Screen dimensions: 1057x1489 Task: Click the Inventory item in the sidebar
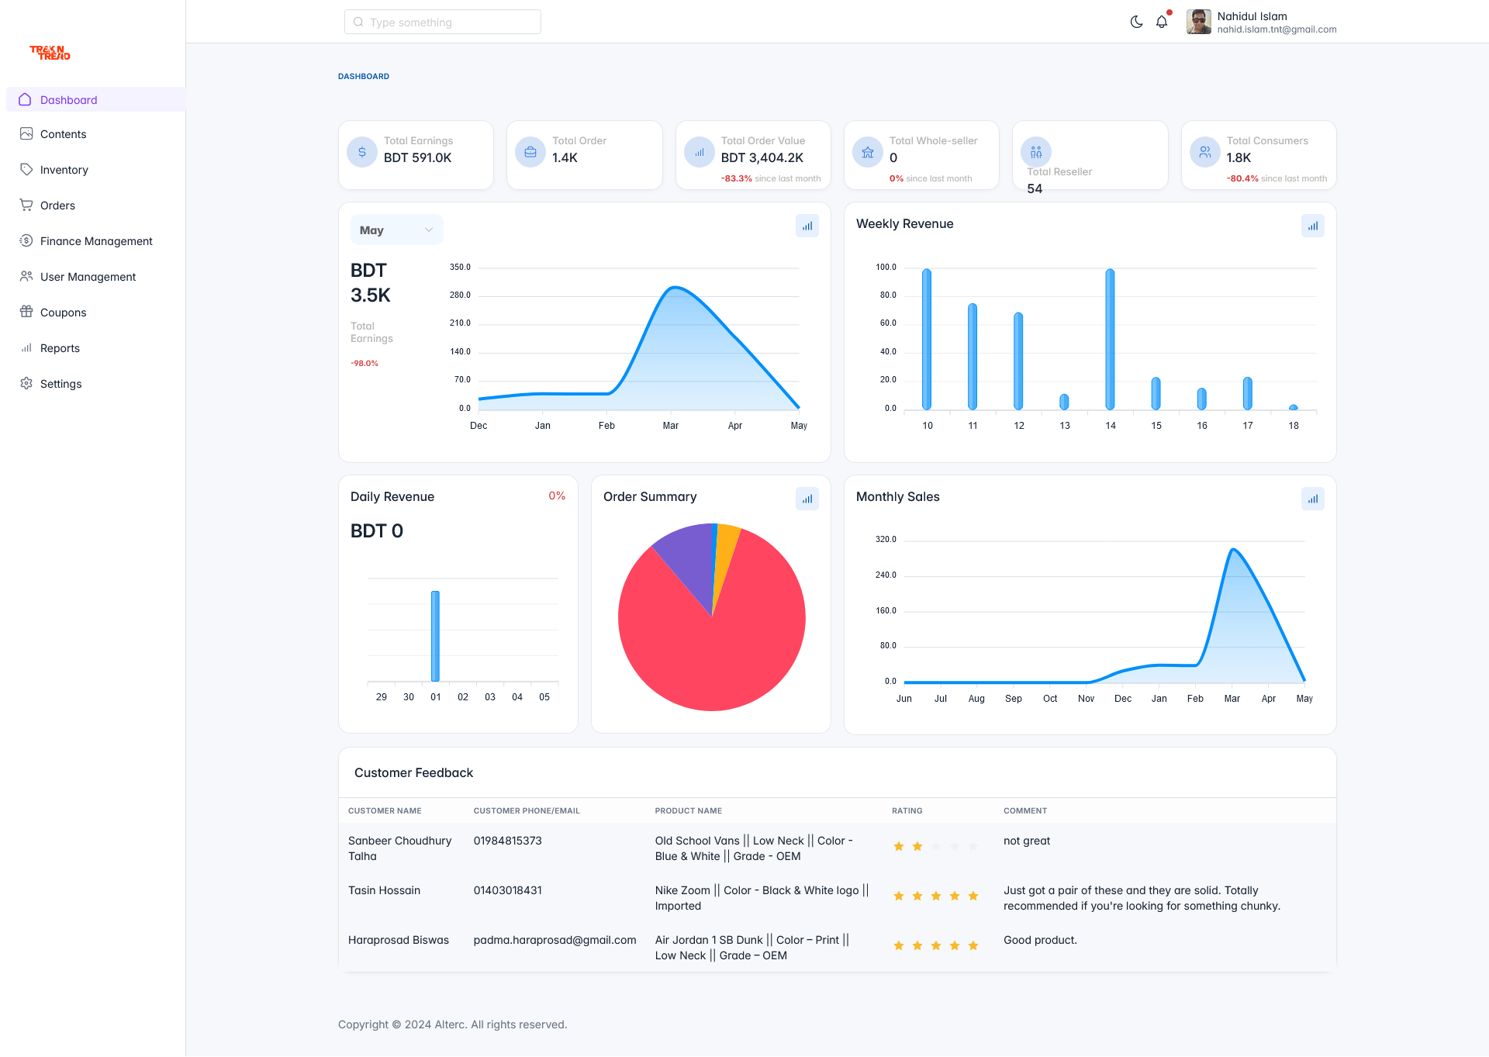point(64,170)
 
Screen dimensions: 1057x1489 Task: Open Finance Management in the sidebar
point(96,241)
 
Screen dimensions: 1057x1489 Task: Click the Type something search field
point(442,22)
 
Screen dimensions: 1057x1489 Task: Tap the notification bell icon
point(1161,22)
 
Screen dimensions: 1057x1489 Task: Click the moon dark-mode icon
point(1136,22)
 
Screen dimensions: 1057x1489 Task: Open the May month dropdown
point(396,230)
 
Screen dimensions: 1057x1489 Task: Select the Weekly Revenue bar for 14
point(1110,339)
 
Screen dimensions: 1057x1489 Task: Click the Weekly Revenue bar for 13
point(1064,402)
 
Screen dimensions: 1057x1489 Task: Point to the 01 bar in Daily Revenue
point(435,636)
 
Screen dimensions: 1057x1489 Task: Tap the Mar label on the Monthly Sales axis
point(1232,699)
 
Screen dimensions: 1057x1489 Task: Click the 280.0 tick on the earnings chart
point(460,295)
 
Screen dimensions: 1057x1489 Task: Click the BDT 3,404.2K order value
point(762,157)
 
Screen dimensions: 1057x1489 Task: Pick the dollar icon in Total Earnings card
point(362,152)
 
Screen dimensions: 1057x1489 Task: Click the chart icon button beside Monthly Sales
point(1312,499)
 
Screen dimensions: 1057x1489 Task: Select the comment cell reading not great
point(1026,841)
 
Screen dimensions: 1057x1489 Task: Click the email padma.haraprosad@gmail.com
point(554,940)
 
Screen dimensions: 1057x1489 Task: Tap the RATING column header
point(907,810)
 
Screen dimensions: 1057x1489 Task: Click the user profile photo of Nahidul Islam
point(1198,22)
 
